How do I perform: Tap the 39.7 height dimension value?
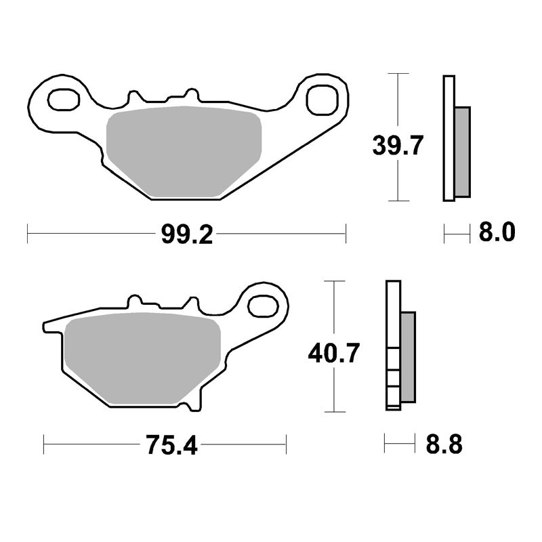[x=398, y=145]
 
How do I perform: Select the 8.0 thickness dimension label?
[x=497, y=233]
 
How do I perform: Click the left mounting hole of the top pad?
[x=64, y=100]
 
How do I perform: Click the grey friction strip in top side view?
[x=461, y=152]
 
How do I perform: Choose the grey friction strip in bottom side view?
[x=408, y=357]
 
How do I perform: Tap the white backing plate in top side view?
[x=448, y=139]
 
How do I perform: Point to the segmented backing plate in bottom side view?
[x=393, y=346]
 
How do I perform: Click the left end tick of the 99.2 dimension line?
[x=27, y=234]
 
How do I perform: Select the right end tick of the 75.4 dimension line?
[x=287, y=444]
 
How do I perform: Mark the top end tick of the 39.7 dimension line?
[x=398, y=73]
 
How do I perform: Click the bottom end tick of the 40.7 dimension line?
[x=333, y=411]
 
